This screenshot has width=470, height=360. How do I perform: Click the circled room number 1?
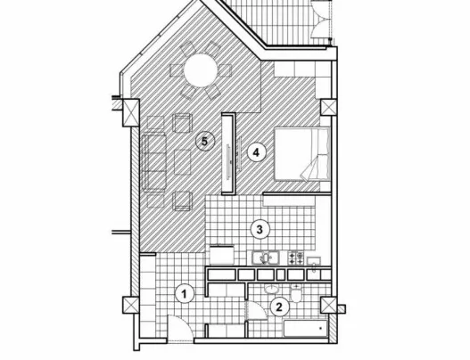185,294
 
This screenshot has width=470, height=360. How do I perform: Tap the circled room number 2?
279,307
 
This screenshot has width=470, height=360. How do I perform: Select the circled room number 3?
260,229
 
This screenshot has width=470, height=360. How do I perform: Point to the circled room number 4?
256,152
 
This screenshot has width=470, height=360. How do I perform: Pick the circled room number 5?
204,142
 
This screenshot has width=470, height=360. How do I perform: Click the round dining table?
201,70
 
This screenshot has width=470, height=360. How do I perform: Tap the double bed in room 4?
302,154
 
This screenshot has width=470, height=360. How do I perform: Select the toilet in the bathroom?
296,293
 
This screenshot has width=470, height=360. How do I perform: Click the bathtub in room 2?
305,329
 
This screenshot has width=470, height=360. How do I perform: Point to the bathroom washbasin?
272,290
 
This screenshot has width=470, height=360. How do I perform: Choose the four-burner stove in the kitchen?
296,258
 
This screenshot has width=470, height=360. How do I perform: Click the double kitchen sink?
266,258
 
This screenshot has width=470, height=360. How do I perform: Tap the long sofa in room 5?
154,163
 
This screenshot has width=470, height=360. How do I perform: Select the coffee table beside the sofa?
183,162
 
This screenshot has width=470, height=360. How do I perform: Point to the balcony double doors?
321,19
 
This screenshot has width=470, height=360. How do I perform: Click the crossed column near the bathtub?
329,305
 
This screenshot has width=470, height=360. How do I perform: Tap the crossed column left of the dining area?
131,112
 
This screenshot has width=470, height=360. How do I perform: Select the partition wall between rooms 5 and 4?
228,154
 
